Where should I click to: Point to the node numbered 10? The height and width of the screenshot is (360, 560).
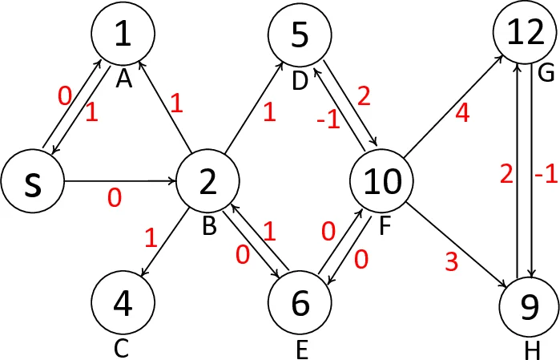[382, 181]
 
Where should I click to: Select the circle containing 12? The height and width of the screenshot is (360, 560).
[524, 32]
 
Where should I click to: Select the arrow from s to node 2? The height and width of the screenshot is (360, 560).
[120, 181]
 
